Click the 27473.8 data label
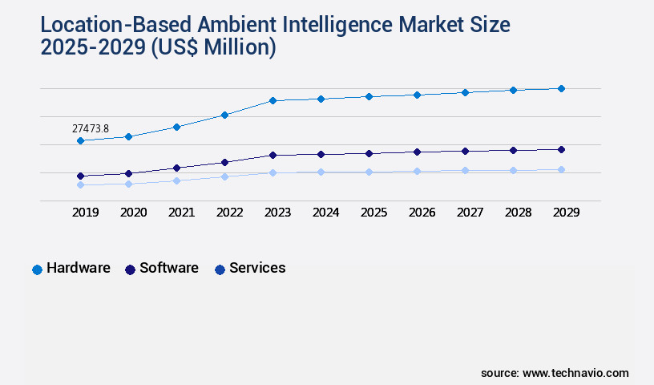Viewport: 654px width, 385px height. click(x=90, y=128)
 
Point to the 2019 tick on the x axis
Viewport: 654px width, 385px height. click(x=86, y=213)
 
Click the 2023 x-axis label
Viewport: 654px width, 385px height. click(x=278, y=213)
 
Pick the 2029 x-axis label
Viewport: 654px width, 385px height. click(x=566, y=213)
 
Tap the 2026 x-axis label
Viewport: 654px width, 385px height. click(x=422, y=213)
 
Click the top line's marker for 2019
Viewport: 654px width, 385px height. click(x=80, y=141)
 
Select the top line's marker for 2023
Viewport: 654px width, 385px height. click(x=272, y=100)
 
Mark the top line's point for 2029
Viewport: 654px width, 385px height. click(x=561, y=88)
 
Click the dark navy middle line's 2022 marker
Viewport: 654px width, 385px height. click(x=224, y=162)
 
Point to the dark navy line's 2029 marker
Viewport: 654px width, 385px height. click(x=561, y=149)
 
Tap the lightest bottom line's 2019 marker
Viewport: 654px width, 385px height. click(x=80, y=184)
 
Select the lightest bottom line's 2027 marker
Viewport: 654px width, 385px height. click(x=465, y=170)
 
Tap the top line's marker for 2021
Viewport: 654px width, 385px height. click(x=176, y=127)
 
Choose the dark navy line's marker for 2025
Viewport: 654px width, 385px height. click(x=369, y=153)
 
